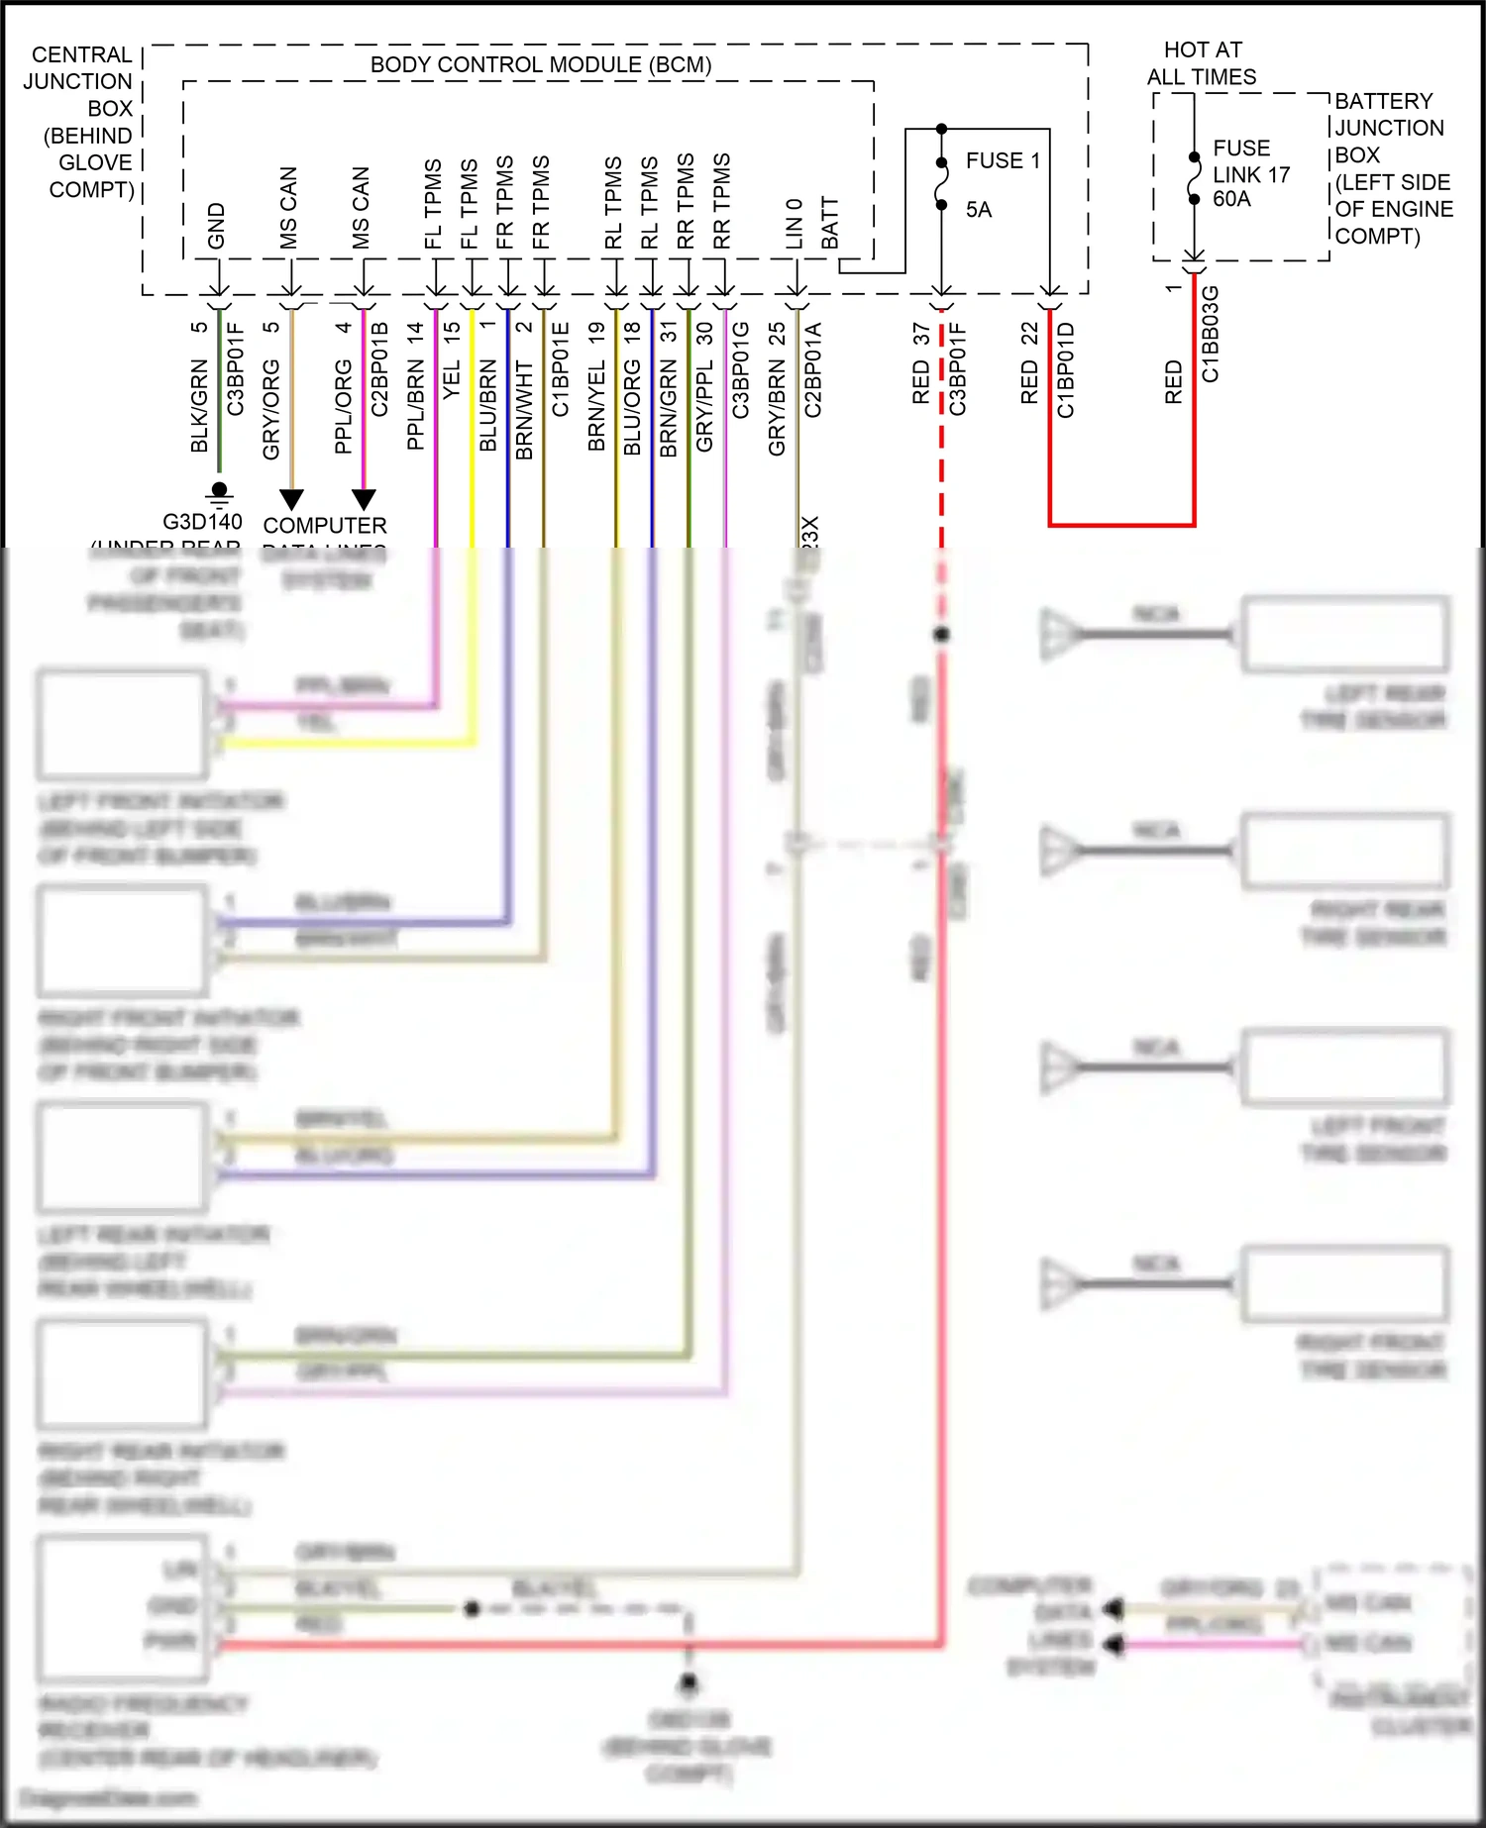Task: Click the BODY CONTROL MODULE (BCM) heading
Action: pos(541,65)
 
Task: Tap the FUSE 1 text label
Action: pos(1003,160)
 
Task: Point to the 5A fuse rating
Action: pos(979,210)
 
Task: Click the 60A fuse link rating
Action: pos(1231,199)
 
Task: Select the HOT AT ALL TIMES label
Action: pos(1202,63)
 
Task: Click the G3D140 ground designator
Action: pos(202,522)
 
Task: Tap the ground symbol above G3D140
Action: pos(220,492)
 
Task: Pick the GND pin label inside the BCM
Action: pos(217,227)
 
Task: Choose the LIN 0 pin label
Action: pos(795,224)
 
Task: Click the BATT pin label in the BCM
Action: pos(830,224)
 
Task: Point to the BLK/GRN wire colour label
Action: pos(199,406)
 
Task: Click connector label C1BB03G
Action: pos(1211,334)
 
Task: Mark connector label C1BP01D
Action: pos(1066,369)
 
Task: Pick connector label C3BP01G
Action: pos(741,369)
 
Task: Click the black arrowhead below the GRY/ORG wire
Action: pos(291,498)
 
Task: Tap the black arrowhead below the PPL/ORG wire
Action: pos(364,498)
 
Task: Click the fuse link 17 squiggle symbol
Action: pos(1195,177)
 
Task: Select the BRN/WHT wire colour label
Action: pos(525,410)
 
